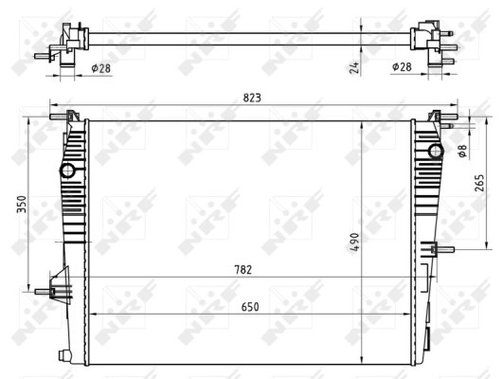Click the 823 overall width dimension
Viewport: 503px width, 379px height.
[x=251, y=98]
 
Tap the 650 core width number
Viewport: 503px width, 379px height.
[x=251, y=307]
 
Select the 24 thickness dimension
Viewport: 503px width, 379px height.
[x=352, y=66]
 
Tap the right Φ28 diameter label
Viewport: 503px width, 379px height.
[x=403, y=67]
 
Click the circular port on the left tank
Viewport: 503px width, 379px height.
[x=67, y=171]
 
